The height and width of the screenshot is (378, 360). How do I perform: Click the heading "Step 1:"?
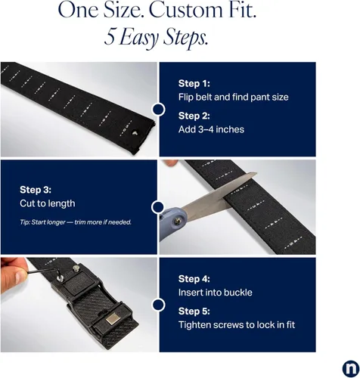[194, 83]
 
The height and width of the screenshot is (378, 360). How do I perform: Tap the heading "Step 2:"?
[194, 116]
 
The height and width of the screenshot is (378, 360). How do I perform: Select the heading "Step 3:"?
[36, 190]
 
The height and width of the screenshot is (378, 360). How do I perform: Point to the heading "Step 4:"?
[194, 279]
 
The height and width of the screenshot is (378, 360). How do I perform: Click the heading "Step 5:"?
[194, 311]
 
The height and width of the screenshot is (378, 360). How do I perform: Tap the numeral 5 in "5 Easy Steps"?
[109, 37]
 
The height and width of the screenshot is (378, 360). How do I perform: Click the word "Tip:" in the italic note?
[25, 222]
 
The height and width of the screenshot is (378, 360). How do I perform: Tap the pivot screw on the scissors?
[178, 221]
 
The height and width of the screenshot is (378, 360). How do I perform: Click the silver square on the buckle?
[113, 320]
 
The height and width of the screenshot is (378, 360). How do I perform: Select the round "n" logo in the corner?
[351, 369]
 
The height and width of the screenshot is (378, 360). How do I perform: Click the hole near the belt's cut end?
[135, 132]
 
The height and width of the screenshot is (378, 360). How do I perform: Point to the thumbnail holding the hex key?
[20, 277]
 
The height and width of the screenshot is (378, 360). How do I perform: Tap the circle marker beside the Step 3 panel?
[158, 207]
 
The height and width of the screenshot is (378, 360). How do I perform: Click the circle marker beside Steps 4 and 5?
[158, 305]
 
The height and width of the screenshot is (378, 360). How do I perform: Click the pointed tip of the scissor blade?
[256, 173]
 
